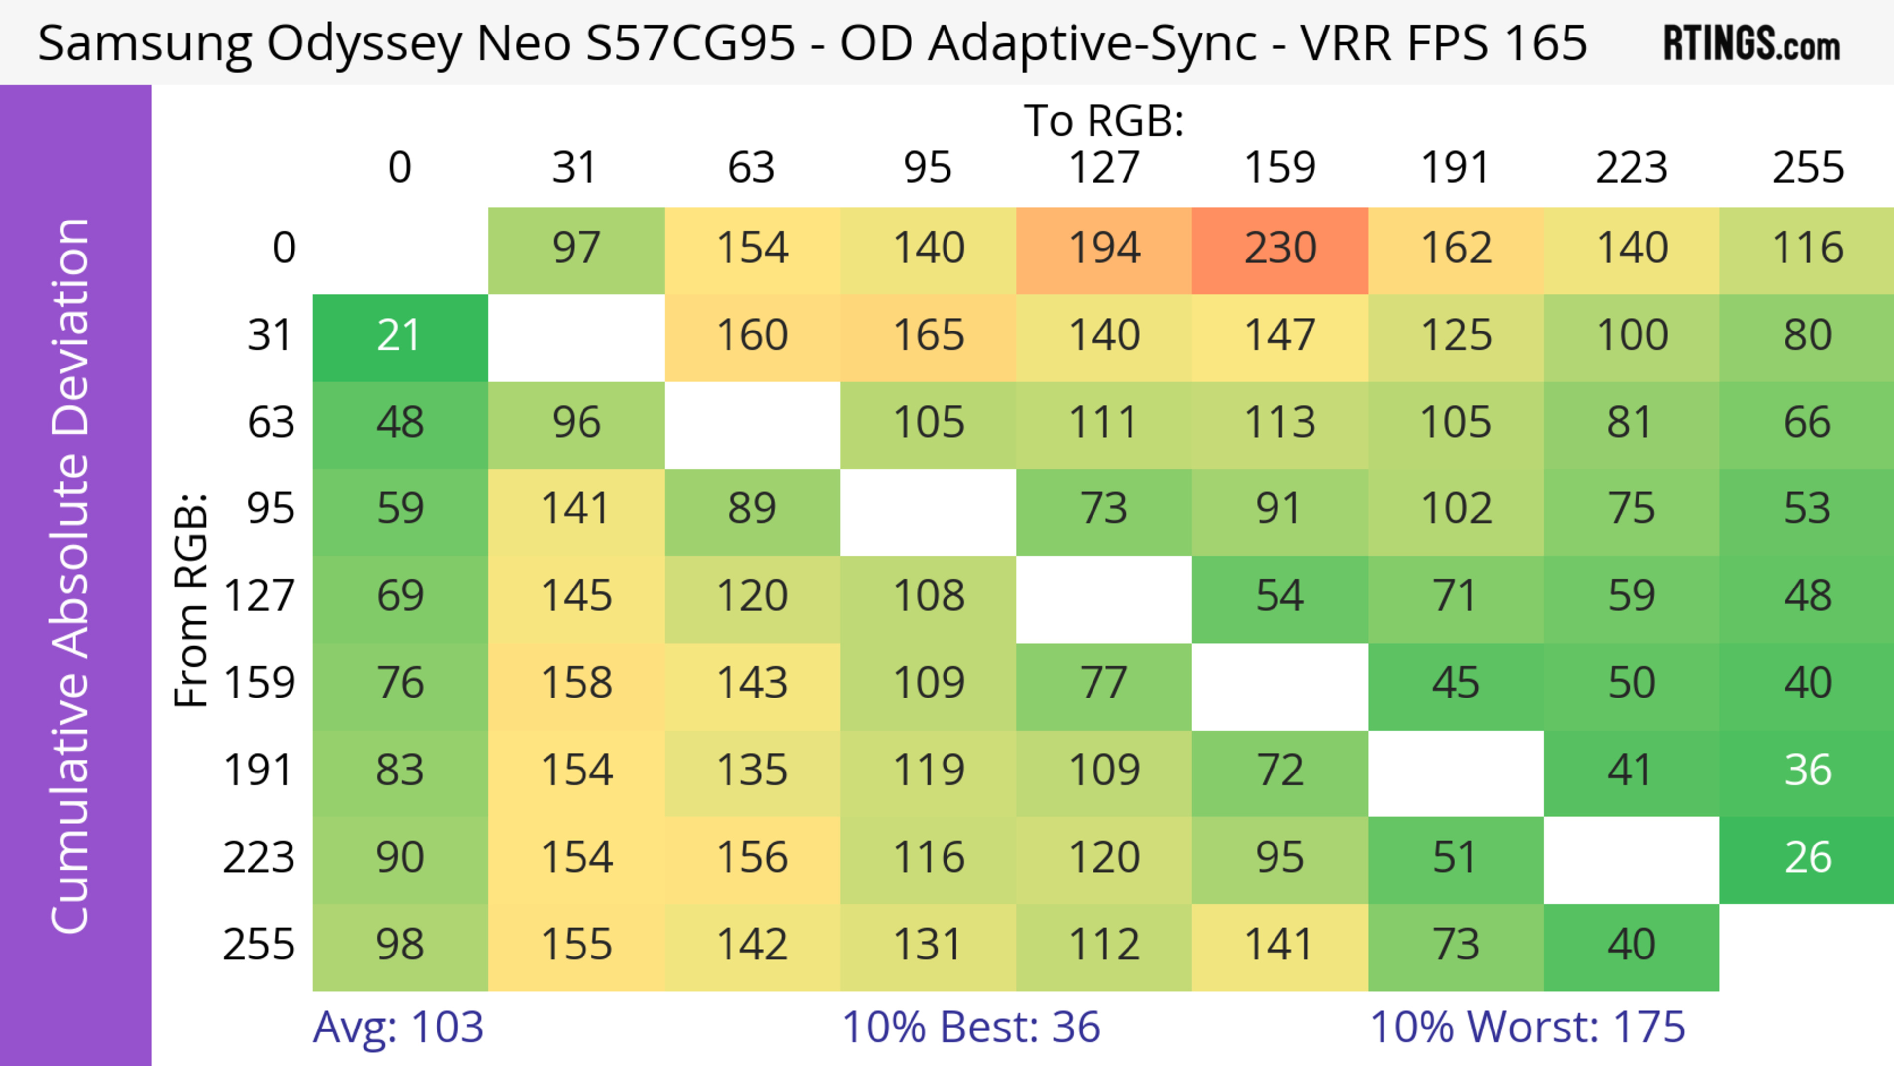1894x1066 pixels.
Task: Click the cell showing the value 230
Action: click(x=1279, y=249)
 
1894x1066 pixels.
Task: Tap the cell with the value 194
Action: click(x=1104, y=249)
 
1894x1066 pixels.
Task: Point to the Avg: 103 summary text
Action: click(x=398, y=1027)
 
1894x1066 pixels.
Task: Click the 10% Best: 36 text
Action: click(x=971, y=1027)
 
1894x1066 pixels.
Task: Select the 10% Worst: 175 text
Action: click(x=1527, y=1027)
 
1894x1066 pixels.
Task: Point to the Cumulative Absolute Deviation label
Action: click(x=72, y=576)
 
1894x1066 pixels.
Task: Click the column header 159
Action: click(x=1279, y=168)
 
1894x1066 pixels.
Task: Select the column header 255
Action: click(x=1807, y=168)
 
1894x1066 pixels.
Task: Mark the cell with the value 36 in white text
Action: click(x=1807, y=771)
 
